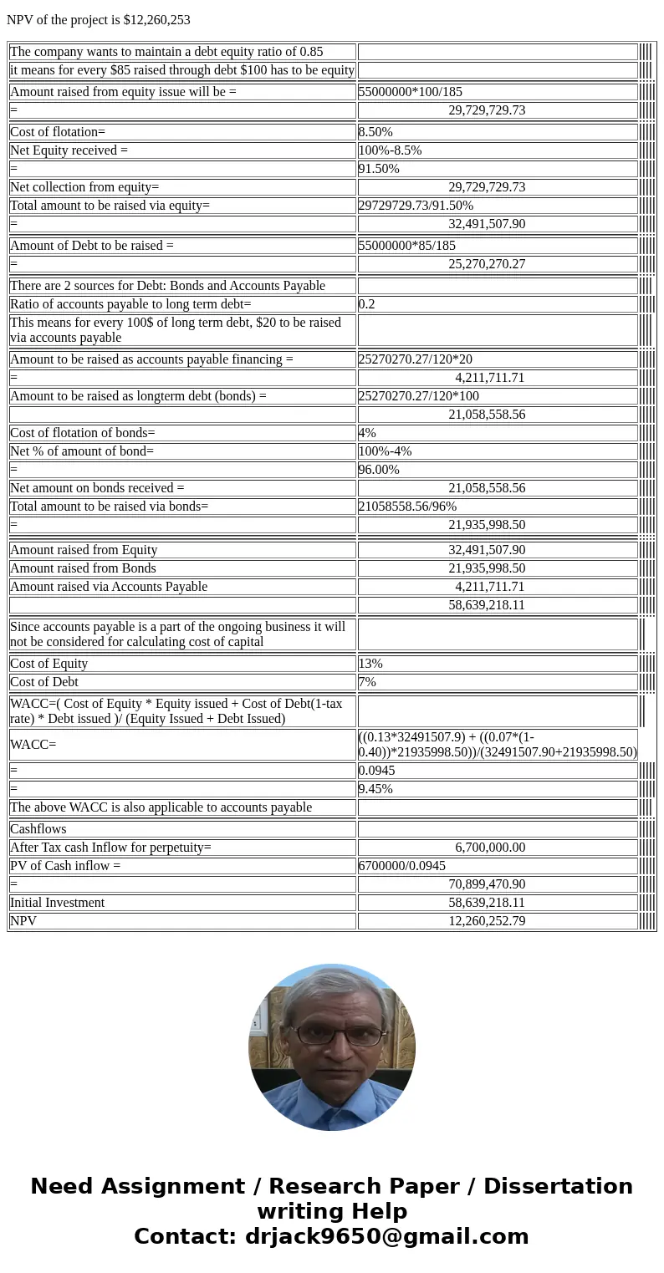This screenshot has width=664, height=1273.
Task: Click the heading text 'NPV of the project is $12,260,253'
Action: point(99,20)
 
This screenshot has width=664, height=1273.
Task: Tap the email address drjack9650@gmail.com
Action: point(386,1236)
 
